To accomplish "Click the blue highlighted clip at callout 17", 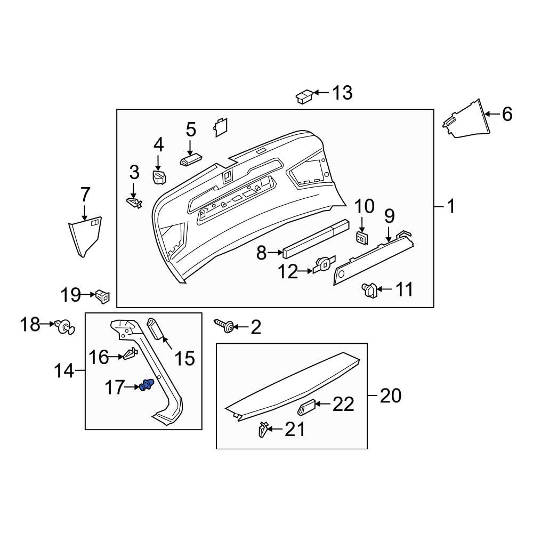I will (x=146, y=385).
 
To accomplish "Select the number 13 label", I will (x=342, y=93).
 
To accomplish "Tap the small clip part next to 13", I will (x=304, y=98).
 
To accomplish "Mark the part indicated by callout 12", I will (x=324, y=264).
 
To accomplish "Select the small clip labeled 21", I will (x=263, y=429).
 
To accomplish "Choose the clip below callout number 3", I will (x=134, y=202).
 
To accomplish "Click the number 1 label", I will (x=451, y=206).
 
